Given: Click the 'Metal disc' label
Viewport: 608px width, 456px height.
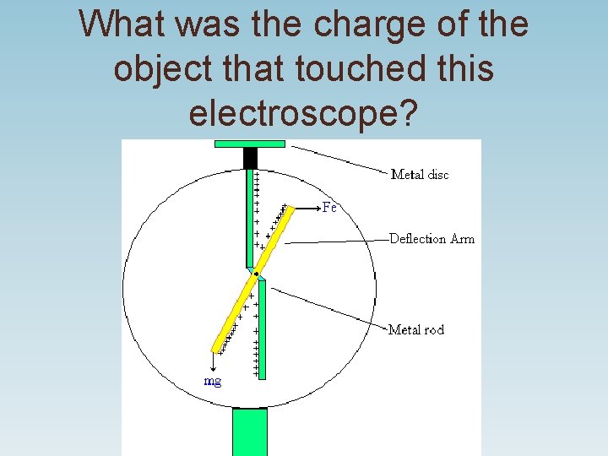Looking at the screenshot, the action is coord(420,175).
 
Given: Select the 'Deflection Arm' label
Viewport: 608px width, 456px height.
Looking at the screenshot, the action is coord(432,239).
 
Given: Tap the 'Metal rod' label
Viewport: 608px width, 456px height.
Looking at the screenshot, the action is coord(415,329).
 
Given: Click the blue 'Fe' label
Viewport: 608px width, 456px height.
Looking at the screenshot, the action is coord(329,208).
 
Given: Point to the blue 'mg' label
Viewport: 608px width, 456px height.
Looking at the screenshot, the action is coord(214,382).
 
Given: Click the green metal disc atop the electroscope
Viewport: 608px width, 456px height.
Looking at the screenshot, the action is coord(250,144).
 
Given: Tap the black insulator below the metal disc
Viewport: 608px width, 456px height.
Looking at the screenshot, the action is coord(250,158).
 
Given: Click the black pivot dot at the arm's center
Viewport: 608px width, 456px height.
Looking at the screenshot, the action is coord(256,274).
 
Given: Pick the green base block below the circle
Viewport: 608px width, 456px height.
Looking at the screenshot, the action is coord(249,432).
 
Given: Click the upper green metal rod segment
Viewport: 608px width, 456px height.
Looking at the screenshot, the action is coord(250,211).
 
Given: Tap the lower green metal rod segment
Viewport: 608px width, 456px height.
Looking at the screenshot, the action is coord(262,329).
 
